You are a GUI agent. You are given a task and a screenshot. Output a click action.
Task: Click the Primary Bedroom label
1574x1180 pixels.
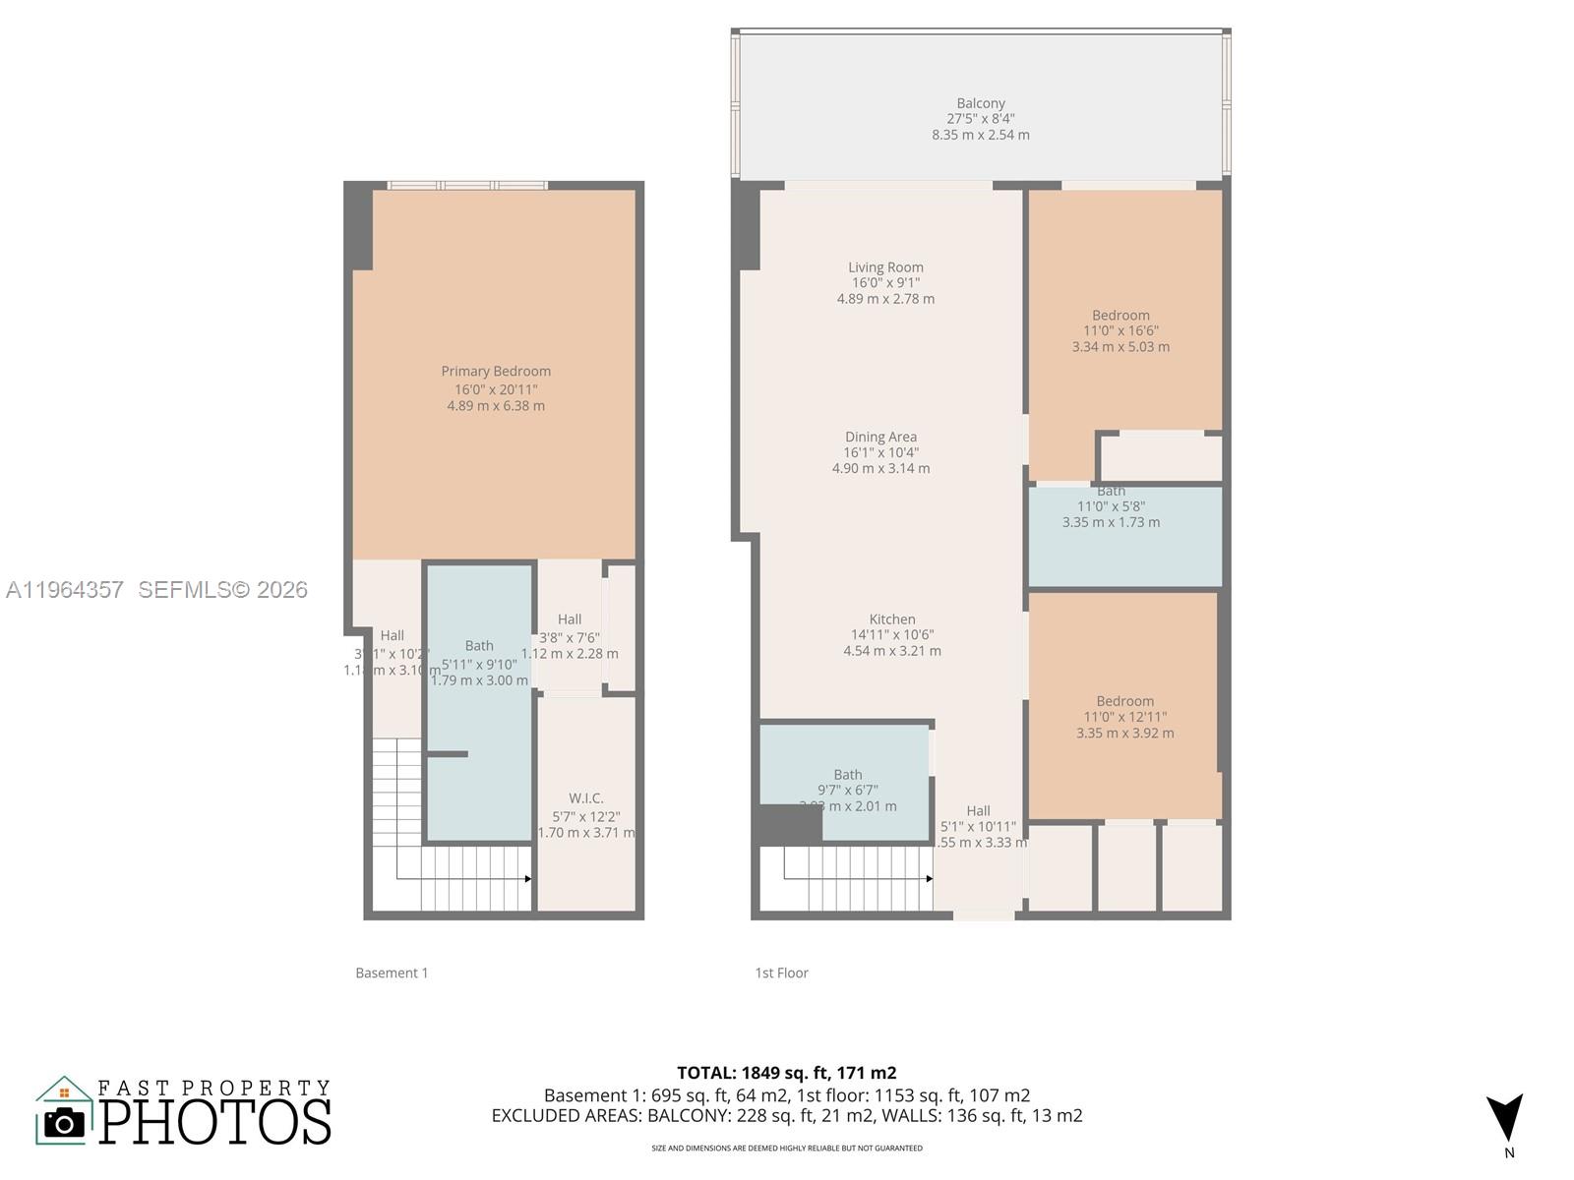pyautogui.click(x=495, y=371)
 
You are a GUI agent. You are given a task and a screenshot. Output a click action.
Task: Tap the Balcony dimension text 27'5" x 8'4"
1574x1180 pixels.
pyautogui.click(x=981, y=119)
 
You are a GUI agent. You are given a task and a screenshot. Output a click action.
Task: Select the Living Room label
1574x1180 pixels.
pyautogui.click(x=885, y=267)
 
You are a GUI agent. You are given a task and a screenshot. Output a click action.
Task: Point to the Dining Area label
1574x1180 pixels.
pyautogui.click(x=880, y=437)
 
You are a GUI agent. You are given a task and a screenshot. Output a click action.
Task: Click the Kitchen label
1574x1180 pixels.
pyautogui.click(x=892, y=619)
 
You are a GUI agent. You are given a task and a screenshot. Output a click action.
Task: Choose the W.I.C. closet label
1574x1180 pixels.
pyautogui.click(x=586, y=798)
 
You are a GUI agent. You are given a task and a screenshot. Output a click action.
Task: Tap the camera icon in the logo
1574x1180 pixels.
pyautogui.click(x=65, y=1122)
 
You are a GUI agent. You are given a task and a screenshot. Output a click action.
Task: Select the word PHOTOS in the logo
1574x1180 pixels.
pyautogui.click(x=215, y=1122)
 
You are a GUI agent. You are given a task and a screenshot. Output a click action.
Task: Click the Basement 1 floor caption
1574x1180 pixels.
pyautogui.click(x=392, y=973)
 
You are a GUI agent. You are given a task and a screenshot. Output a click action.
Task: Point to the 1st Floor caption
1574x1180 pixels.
pyautogui.click(x=781, y=973)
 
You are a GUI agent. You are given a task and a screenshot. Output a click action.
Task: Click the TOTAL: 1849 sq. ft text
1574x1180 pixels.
pyautogui.click(x=786, y=1073)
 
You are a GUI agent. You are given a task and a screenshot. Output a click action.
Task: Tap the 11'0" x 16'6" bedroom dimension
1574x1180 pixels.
pyautogui.click(x=1120, y=331)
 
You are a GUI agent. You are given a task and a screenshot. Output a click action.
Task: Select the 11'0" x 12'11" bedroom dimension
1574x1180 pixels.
pyautogui.click(x=1124, y=717)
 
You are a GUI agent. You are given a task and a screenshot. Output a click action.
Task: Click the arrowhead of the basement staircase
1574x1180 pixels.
pyautogui.click(x=528, y=878)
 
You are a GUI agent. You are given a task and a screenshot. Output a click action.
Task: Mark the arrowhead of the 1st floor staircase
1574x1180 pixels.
pyautogui.click(x=929, y=878)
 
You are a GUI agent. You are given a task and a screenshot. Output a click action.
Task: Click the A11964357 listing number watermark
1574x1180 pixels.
pyautogui.click(x=65, y=589)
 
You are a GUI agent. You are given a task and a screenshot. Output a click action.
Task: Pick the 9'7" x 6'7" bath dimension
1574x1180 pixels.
pyautogui.click(x=847, y=790)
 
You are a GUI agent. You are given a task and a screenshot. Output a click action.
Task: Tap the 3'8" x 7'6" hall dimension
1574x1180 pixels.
pyautogui.click(x=570, y=637)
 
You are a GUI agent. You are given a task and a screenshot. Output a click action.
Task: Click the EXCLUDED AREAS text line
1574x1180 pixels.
pyautogui.click(x=786, y=1116)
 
